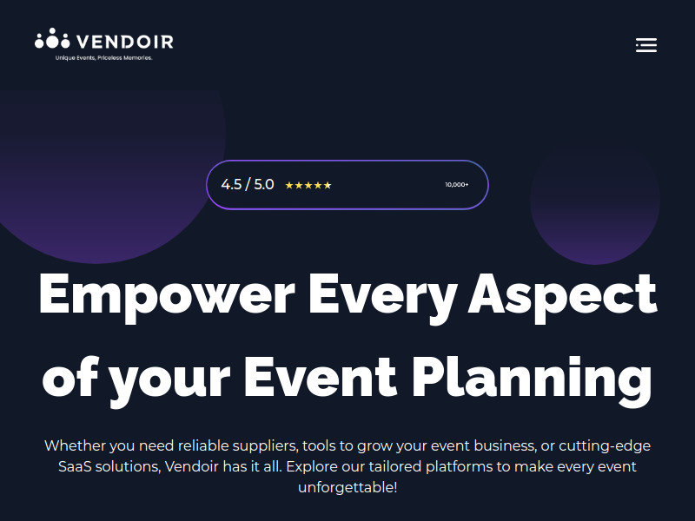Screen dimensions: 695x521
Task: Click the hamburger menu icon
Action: (x=646, y=45)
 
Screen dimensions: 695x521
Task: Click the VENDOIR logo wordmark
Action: (x=125, y=42)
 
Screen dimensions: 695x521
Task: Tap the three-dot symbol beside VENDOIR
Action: (x=52, y=38)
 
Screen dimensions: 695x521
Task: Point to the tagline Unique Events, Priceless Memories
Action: (x=103, y=58)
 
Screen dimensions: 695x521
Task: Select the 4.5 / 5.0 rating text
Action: (x=248, y=184)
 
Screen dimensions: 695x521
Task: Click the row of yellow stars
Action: (x=308, y=185)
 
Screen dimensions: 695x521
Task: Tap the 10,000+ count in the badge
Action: (x=457, y=185)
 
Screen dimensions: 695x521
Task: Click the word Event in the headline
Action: (x=320, y=378)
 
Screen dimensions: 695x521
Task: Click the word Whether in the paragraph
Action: (x=75, y=445)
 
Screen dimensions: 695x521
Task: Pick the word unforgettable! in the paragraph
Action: (x=347, y=488)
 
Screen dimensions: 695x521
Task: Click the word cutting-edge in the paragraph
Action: (x=605, y=446)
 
